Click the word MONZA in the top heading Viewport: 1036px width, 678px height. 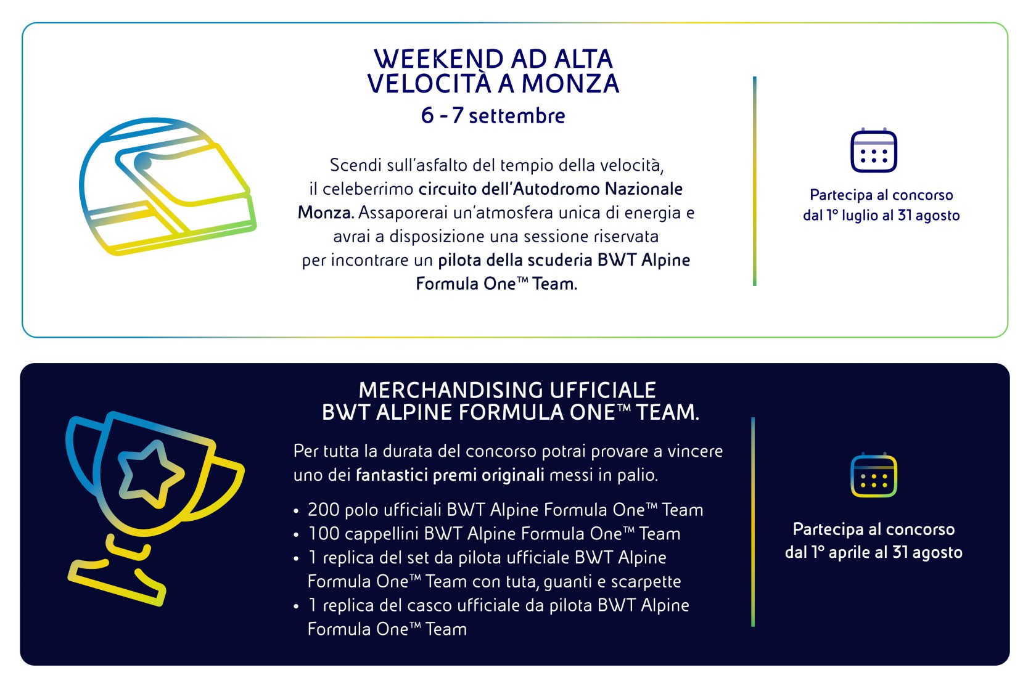[570, 84]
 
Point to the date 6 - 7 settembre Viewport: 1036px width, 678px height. [493, 115]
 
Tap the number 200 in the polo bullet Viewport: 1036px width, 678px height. [323, 510]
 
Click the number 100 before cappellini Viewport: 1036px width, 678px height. [324, 534]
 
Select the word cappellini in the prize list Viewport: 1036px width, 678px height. [382, 534]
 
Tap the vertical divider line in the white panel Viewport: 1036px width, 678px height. [754, 181]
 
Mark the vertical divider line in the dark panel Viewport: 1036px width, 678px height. [753, 522]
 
